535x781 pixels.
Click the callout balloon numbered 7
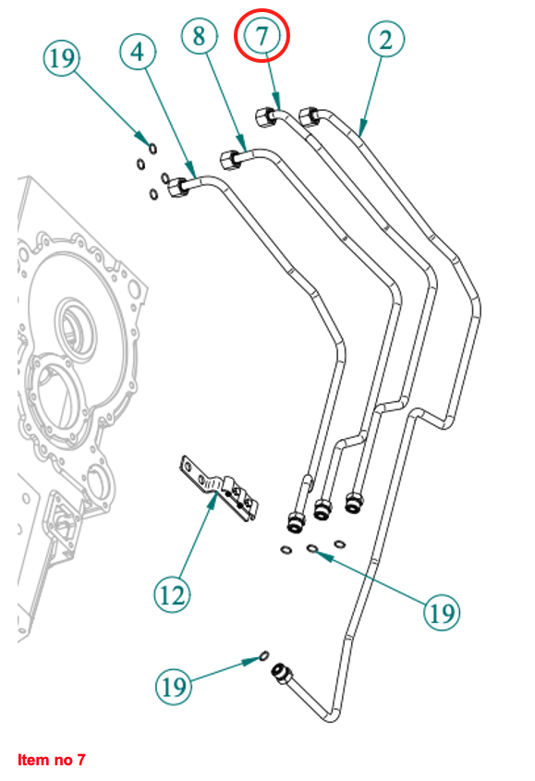(262, 35)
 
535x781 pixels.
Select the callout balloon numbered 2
(386, 39)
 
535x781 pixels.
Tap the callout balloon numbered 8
(200, 36)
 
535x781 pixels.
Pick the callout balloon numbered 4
(138, 52)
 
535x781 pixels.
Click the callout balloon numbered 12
(173, 594)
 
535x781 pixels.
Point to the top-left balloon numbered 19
(62, 58)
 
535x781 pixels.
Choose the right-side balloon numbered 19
(442, 612)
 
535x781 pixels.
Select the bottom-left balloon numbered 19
(174, 687)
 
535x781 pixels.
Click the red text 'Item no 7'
(52, 760)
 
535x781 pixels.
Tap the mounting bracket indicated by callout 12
(219, 489)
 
